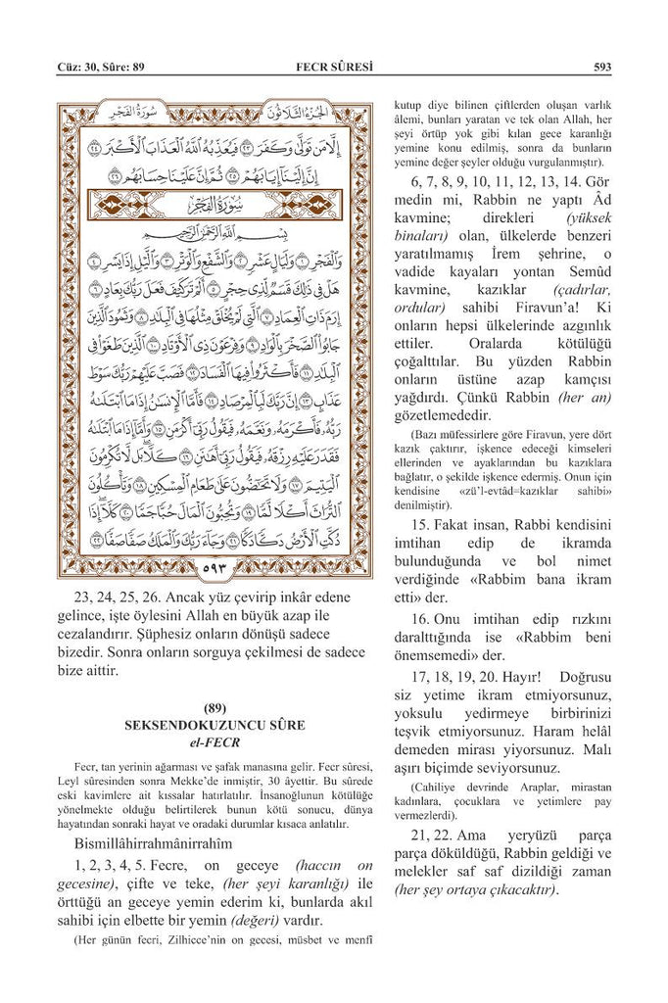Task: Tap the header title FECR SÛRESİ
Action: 336,68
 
